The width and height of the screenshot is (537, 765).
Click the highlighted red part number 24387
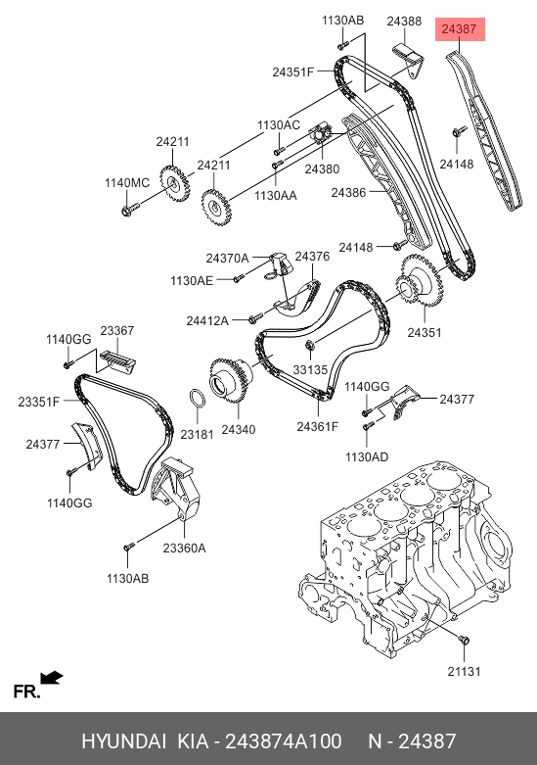click(459, 29)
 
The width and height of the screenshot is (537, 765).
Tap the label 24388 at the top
click(404, 22)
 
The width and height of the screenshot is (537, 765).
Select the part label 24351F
click(292, 72)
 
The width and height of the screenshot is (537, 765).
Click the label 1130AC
click(279, 125)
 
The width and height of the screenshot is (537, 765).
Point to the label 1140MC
click(127, 183)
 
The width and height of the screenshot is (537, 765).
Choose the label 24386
click(348, 193)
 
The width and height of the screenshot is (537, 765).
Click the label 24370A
click(227, 258)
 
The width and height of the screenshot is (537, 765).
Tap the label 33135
click(310, 370)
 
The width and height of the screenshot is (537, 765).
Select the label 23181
click(197, 434)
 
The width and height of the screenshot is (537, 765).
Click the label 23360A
click(184, 549)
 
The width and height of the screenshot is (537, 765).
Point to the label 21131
click(464, 671)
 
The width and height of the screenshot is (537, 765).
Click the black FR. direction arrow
click(52, 678)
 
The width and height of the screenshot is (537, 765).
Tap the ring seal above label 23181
click(197, 398)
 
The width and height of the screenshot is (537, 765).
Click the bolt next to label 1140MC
click(130, 209)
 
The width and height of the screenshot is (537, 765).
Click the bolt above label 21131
click(464, 639)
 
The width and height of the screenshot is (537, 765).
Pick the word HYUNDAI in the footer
click(124, 741)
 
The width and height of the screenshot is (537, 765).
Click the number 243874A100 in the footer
click(283, 741)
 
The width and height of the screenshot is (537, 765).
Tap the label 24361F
click(317, 426)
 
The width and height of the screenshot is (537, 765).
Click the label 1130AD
click(367, 457)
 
